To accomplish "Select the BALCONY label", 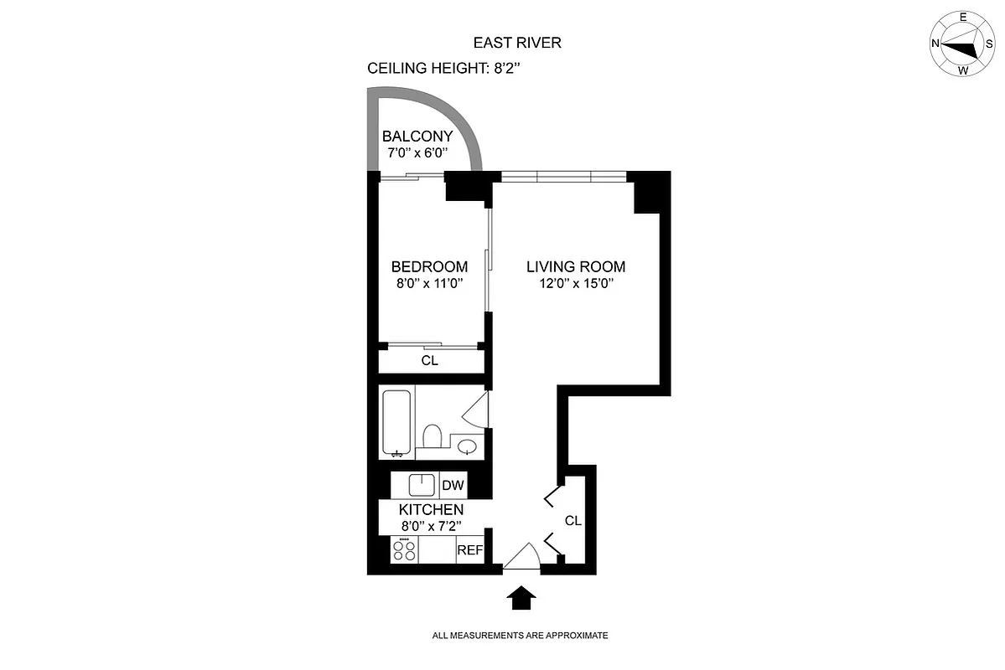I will [417, 137].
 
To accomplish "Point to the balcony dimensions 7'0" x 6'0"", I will [417, 153].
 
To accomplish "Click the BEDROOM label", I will [429, 266].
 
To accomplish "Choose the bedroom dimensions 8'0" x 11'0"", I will [429, 283].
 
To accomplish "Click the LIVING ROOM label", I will [576, 266].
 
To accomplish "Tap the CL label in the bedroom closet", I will [429, 361].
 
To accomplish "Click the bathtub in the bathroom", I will [396, 422].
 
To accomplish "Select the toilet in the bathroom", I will [433, 438].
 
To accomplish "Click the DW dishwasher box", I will [453, 485].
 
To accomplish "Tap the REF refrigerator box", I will [469, 550].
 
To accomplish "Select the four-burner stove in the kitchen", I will [405, 550].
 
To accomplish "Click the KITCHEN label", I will [431, 509].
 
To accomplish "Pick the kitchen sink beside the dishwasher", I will [421, 485].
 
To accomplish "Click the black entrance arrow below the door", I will [522, 598].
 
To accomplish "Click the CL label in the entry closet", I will [572, 520].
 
